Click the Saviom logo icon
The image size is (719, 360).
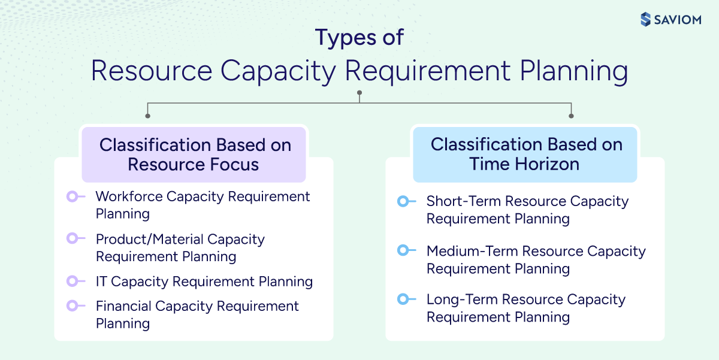click(645, 19)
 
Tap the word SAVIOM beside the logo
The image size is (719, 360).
click(676, 19)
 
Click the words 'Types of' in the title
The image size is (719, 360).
click(359, 37)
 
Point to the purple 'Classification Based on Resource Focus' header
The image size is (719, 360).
click(194, 155)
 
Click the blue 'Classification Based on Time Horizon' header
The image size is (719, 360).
click(525, 154)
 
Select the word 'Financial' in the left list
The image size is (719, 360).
click(123, 306)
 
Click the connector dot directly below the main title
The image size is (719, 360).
click(359, 93)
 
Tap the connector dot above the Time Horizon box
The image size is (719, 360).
click(571, 116)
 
